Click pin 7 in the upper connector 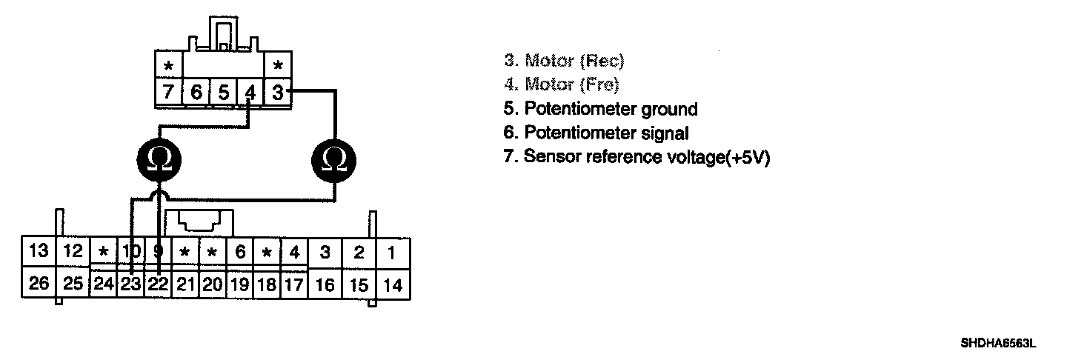[x=168, y=93]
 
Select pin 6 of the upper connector [x=196, y=93]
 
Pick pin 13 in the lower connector [x=38, y=252]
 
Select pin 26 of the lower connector [x=38, y=284]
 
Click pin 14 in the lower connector [x=393, y=284]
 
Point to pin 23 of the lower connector [x=130, y=284]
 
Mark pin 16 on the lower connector [x=325, y=284]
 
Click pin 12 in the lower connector [x=73, y=252]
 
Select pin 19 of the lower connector [x=240, y=284]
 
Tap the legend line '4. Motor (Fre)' [x=561, y=84]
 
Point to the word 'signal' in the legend [x=667, y=133]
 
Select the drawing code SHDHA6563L [x=997, y=343]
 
